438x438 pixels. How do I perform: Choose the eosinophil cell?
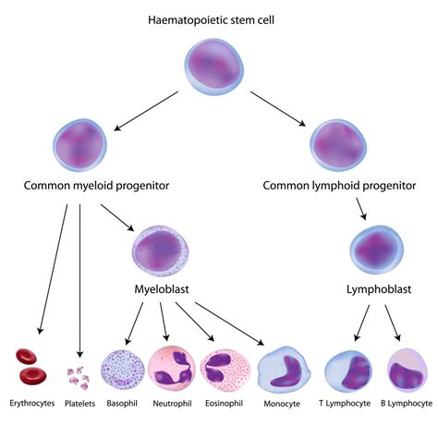[225, 368]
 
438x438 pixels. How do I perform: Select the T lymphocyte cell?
[348, 369]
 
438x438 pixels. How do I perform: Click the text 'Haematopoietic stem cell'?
[219, 18]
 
